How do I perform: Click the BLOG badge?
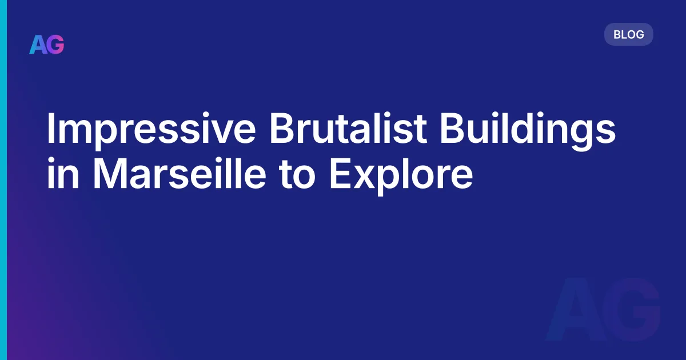coord(628,34)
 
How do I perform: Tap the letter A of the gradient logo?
coord(38,45)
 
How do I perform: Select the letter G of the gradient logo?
coord(55,45)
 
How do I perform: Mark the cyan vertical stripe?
coord(3,180)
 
